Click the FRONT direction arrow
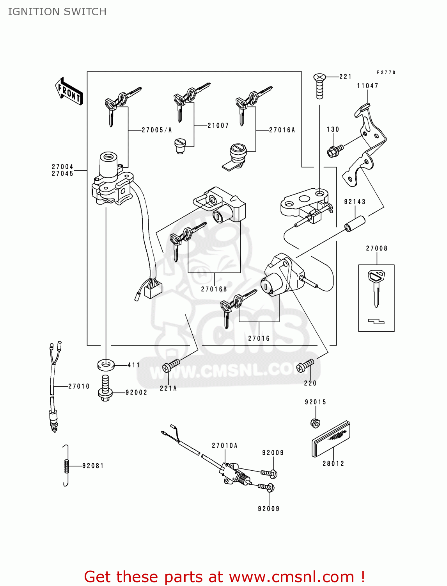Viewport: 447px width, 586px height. (x=69, y=92)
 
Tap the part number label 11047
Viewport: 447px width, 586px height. (x=367, y=86)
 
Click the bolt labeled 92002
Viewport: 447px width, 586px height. (x=105, y=389)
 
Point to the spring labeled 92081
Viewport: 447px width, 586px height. (x=66, y=466)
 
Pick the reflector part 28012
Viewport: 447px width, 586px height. (x=331, y=439)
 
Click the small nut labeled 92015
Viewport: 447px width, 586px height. (x=315, y=423)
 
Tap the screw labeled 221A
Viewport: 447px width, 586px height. (x=170, y=366)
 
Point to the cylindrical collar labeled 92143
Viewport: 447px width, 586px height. (x=354, y=223)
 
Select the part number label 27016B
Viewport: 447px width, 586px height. (x=214, y=289)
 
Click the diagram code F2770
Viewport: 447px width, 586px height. (x=386, y=73)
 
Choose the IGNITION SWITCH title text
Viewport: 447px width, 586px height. (x=57, y=12)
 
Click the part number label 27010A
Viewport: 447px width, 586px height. (x=225, y=446)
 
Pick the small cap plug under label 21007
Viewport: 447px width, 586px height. (x=180, y=146)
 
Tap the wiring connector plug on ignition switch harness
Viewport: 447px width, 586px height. (x=153, y=290)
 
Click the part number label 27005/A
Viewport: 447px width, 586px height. (x=156, y=130)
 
